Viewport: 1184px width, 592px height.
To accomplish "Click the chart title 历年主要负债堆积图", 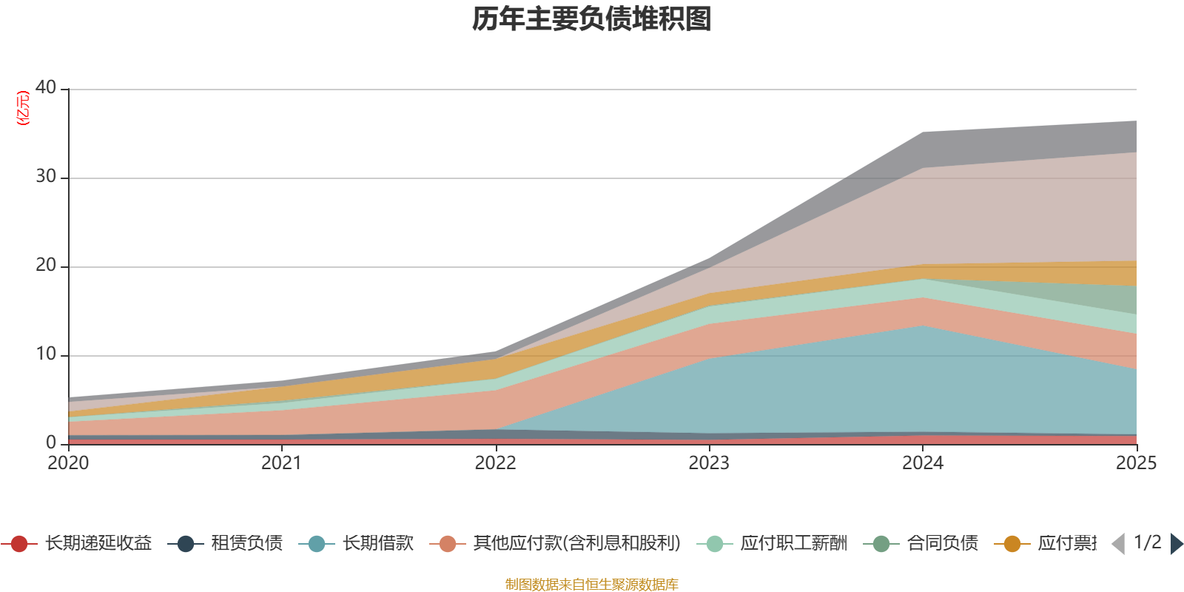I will pos(592,19).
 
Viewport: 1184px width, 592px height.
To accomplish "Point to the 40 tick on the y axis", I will pos(46,87).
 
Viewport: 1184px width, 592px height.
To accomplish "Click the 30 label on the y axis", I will pos(46,176).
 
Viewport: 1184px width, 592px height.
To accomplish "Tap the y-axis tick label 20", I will pos(46,265).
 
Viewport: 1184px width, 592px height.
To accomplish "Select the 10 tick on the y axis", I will pos(46,354).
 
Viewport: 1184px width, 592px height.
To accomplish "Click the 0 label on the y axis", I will pos(51,443).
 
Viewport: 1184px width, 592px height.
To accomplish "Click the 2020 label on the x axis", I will pos(68,463).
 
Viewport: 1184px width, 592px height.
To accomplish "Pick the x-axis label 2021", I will pos(281,463).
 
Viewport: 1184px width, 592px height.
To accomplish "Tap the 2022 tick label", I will pos(495,463).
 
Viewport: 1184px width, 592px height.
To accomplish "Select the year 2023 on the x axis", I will pos(709,463).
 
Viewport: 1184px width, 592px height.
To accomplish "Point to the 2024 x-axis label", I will pos(922,463).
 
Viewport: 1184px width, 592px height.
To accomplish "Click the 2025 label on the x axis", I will pos(1136,463).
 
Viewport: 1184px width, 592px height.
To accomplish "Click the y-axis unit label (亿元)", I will pos(23,108).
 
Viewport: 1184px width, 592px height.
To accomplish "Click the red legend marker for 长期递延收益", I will pos(19,544).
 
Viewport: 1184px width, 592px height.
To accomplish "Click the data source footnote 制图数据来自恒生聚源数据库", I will pos(592,585).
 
